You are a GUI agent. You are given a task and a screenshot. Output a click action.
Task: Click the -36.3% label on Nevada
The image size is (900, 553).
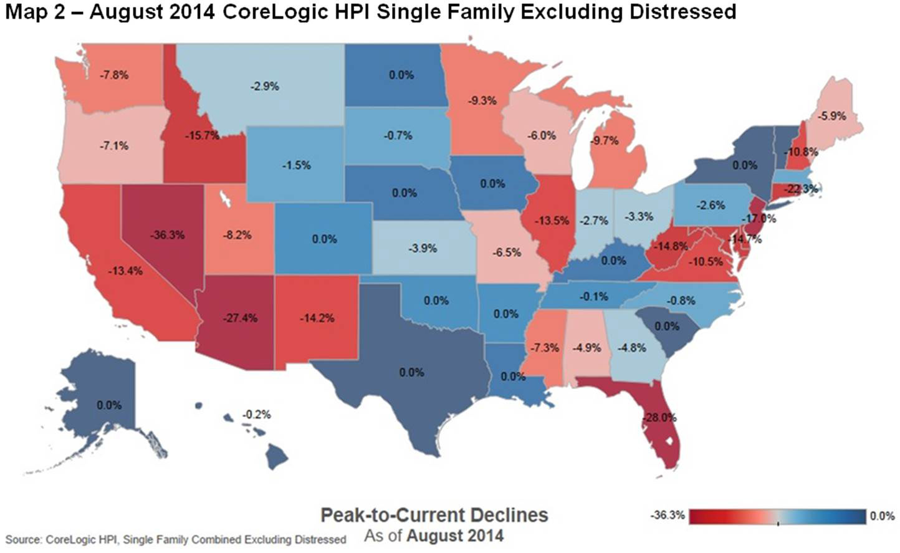pos(167,235)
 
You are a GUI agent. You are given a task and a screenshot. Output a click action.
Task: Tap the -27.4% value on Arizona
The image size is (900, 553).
pos(240,318)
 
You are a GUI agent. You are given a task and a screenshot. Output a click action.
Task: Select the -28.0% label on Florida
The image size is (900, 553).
pos(659,417)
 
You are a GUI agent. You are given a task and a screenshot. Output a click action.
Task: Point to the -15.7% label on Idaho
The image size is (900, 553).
pos(201,135)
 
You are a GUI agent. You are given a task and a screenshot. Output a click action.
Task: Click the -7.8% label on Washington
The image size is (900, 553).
pos(114,75)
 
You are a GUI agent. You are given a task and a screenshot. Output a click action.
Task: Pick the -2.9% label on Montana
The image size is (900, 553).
pos(265,86)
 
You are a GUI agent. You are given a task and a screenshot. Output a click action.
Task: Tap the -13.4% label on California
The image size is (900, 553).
pos(125,271)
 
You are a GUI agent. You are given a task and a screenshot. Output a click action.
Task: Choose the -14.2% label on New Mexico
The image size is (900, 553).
pos(317,318)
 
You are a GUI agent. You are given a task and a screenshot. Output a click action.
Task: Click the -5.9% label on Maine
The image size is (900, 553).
pos(831,116)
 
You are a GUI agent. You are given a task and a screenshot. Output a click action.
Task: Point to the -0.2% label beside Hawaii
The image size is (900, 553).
pos(257,414)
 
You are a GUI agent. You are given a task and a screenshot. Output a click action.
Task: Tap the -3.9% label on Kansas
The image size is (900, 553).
pos(423,248)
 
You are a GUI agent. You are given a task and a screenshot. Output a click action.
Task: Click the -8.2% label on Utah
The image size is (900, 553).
pos(237,235)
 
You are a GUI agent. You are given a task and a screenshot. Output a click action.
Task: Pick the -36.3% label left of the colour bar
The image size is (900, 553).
pos(668,516)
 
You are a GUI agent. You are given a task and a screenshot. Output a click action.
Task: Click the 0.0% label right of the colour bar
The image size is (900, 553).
pos(882,516)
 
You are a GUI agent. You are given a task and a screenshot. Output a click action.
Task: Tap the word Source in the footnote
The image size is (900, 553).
pos(22,539)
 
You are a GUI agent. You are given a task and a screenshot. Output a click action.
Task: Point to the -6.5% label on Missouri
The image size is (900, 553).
pos(507,252)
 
